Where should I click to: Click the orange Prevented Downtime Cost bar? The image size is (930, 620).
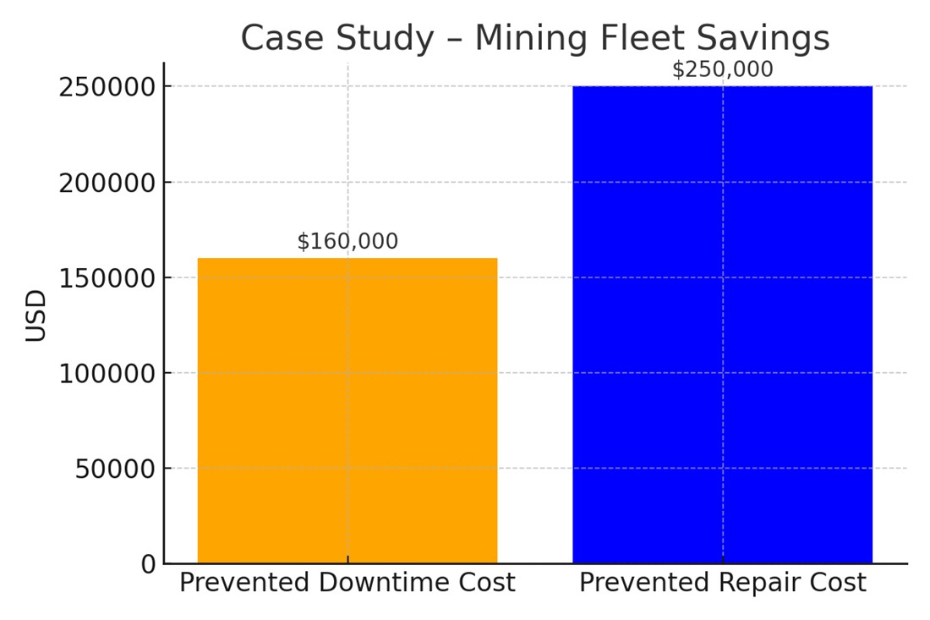(x=347, y=410)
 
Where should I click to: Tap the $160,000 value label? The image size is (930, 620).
(x=347, y=242)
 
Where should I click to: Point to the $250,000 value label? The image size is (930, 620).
(x=722, y=70)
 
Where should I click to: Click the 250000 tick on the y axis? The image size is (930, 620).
(x=107, y=87)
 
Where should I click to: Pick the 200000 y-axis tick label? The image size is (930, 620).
(x=107, y=183)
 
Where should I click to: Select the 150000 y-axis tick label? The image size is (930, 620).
(x=107, y=278)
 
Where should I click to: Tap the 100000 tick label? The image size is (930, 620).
(x=107, y=373)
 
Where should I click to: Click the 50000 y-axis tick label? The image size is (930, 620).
(x=115, y=469)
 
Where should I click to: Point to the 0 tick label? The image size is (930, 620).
(x=149, y=564)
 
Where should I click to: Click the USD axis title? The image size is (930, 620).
(x=36, y=315)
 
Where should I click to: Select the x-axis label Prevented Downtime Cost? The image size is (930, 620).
(x=347, y=584)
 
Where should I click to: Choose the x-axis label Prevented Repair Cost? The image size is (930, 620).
(x=722, y=584)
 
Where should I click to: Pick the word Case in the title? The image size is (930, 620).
(x=275, y=39)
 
